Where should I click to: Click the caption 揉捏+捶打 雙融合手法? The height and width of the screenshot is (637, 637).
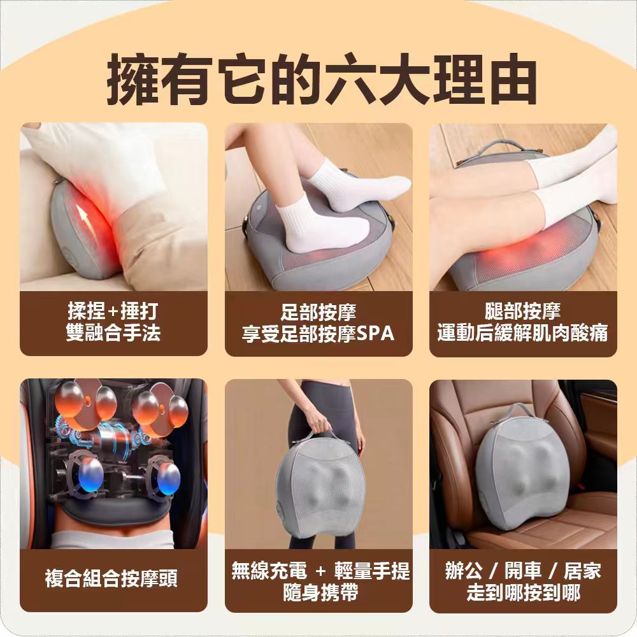(x=113, y=322)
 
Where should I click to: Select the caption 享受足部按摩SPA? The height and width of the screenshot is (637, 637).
(x=318, y=333)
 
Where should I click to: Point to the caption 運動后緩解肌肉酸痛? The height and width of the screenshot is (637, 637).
(x=522, y=333)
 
